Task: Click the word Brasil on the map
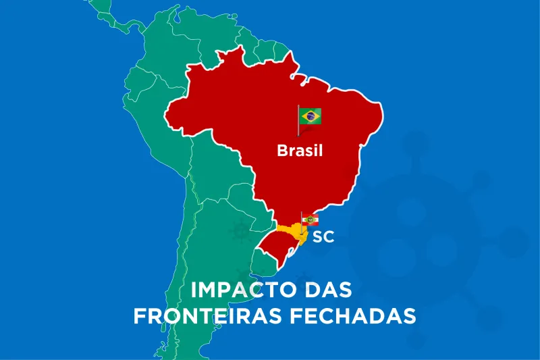point(300,151)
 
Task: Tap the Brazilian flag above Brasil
point(310,116)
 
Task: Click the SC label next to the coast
point(323,237)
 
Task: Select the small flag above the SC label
point(310,220)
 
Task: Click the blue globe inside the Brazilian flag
point(310,116)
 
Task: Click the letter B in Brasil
point(282,151)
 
